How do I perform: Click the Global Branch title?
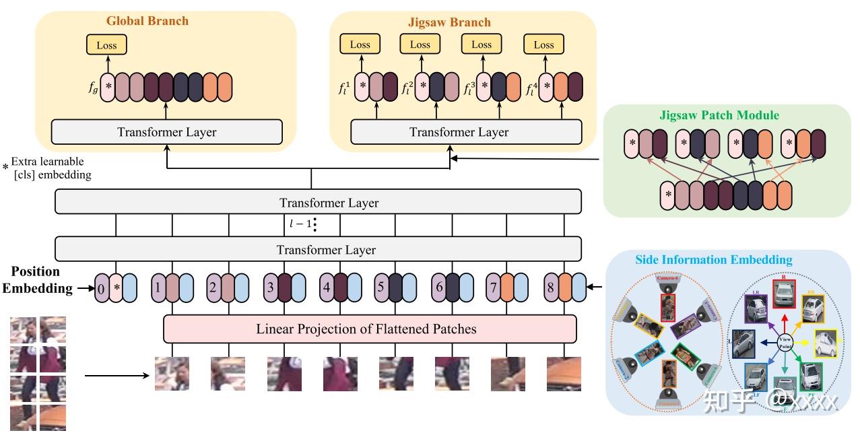[x=147, y=20]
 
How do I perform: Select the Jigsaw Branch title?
[x=449, y=22]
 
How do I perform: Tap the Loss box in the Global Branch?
[x=106, y=45]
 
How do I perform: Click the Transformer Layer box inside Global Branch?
[x=167, y=132]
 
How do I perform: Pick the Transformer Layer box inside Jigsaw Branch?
[x=459, y=132]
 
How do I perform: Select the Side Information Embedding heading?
[x=714, y=260]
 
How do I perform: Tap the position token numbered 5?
[x=381, y=288]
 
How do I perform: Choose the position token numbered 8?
[x=551, y=288]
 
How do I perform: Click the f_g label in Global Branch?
[x=93, y=87]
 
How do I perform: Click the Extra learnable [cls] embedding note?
[x=51, y=168]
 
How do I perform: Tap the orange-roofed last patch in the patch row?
[x=564, y=374]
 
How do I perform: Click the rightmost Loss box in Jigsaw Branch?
[x=543, y=44]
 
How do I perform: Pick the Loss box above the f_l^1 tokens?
[x=360, y=44]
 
